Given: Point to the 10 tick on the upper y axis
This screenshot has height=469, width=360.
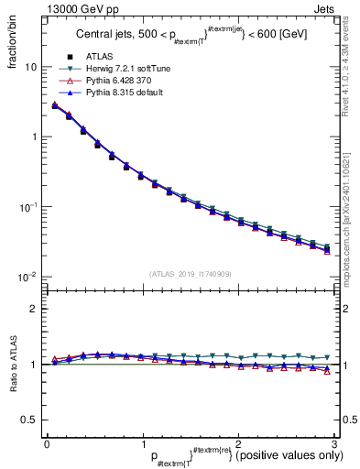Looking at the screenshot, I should [31, 67].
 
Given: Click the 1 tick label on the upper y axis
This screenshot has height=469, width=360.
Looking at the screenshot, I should [34, 137].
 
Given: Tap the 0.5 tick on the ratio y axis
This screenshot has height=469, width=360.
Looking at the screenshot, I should [30, 420].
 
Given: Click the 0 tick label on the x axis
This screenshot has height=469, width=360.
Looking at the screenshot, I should [47, 444].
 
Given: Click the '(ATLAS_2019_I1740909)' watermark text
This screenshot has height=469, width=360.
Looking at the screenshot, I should [190, 274].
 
